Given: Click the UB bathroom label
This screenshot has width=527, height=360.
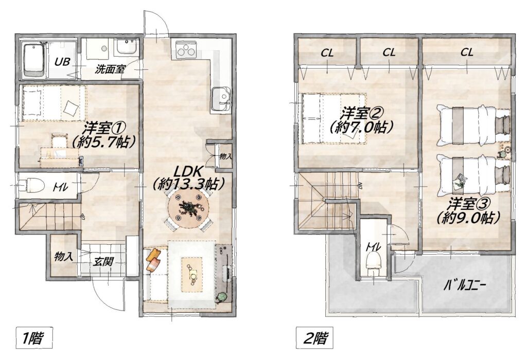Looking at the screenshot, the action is point(62,62).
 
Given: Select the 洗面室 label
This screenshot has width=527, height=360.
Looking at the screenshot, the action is point(110,69).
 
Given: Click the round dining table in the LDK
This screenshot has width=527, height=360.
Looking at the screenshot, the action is point(188,210).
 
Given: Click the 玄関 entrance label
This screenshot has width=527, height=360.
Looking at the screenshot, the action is point(103,262).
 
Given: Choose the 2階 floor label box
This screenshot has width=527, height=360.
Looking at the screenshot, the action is point(315,338).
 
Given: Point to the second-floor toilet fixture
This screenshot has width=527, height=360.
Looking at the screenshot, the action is point(375,261).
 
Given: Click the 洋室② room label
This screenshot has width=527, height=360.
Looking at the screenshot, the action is point(362,120).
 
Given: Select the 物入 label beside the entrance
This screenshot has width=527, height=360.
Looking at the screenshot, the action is point(63,257).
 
